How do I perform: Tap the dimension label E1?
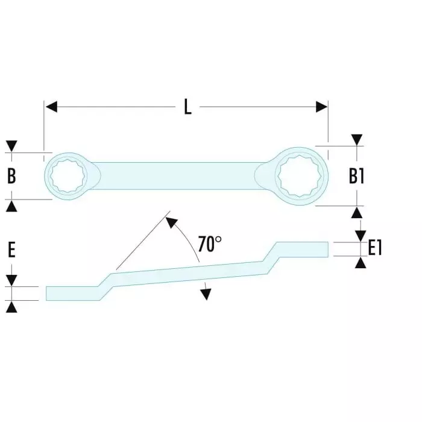[375, 248]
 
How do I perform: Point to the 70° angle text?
[210, 244]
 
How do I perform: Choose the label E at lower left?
[11, 250]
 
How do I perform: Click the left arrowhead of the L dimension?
[51, 107]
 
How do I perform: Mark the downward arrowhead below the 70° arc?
[206, 294]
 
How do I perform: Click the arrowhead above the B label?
[11, 146]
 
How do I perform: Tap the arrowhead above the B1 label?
[357, 139]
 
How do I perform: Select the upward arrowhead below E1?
[360, 262]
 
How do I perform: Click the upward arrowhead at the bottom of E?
[11, 307]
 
